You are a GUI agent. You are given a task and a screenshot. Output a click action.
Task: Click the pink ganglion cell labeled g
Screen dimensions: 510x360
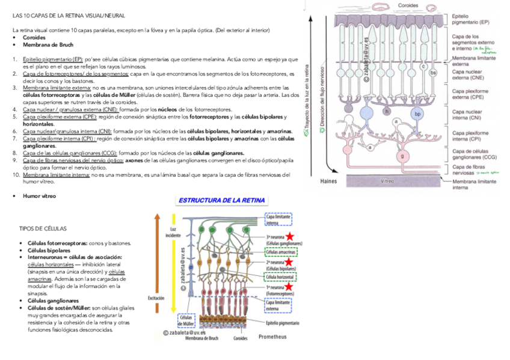402,156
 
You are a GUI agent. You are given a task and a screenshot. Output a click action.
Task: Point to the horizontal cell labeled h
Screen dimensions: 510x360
386,111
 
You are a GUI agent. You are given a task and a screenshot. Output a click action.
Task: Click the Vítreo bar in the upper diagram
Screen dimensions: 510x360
387,181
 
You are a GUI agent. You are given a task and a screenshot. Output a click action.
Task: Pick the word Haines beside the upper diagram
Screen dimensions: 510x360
329,181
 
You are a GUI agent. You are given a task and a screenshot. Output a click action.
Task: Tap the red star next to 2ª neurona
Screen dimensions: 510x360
290,262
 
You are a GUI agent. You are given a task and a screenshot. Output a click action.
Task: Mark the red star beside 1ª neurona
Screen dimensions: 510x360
290,287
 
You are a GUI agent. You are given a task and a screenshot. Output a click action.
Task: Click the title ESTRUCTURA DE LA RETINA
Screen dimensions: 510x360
221,200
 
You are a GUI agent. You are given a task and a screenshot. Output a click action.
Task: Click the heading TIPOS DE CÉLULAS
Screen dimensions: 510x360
43,229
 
